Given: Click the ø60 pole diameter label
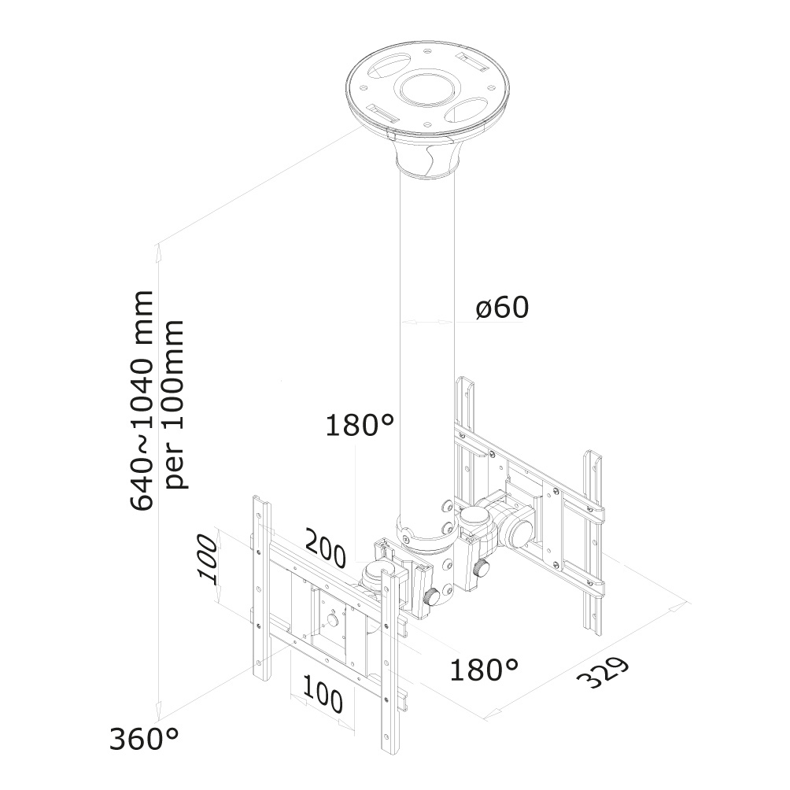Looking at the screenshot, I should (x=502, y=308).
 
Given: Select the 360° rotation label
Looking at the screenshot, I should (x=144, y=740).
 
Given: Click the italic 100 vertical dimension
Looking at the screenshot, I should (x=207, y=558).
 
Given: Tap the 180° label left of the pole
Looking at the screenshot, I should (x=360, y=426).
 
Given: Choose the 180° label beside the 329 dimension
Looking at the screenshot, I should (x=484, y=670).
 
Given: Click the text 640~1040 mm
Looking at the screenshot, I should (x=143, y=401).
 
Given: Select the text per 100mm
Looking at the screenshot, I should (x=178, y=404).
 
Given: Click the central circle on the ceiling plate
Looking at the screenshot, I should (x=426, y=86).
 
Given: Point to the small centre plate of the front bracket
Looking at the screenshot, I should (x=334, y=618).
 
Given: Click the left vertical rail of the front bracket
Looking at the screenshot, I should (x=260, y=590).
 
